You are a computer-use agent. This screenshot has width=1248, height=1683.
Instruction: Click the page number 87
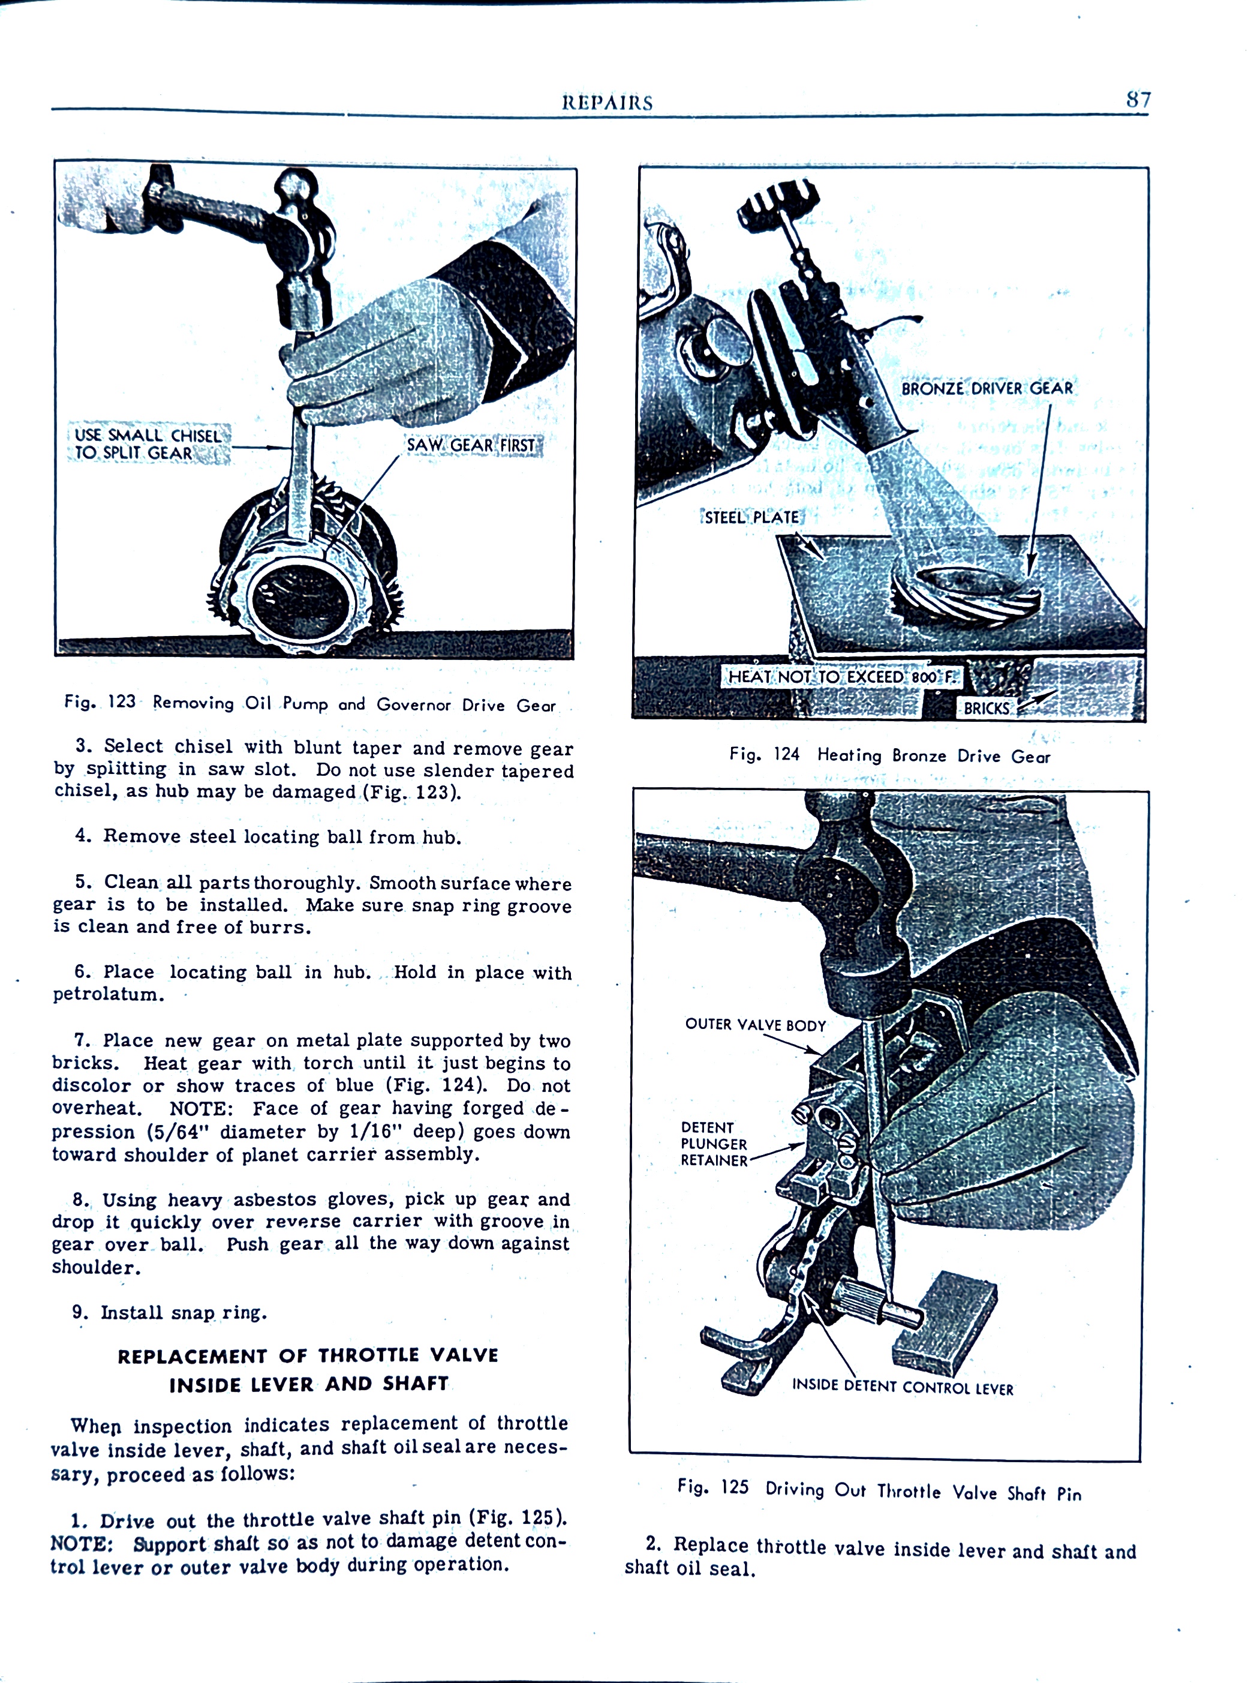[x=1138, y=99]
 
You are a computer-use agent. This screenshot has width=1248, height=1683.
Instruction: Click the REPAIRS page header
[x=607, y=103]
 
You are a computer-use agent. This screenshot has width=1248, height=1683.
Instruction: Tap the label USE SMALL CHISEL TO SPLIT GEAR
[x=148, y=443]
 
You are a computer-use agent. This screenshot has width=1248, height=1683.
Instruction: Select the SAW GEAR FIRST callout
[x=471, y=445]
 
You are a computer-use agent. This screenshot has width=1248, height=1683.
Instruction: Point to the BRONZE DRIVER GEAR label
[x=987, y=388]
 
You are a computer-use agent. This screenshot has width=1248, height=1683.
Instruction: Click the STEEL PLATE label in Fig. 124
[x=751, y=518]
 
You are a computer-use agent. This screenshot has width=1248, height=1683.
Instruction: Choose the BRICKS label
[x=986, y=708]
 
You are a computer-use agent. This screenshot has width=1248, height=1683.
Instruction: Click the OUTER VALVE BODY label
[x=754, y=1025]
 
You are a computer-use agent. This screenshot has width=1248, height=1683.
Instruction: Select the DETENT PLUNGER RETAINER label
[x=713, y=1144]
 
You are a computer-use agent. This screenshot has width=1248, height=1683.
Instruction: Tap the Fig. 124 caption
[x=889, y=755]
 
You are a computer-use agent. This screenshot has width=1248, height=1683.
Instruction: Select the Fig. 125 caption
[x=879, y=1490]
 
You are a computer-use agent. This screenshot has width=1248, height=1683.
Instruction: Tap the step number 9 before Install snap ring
[x=79, y=1312]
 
